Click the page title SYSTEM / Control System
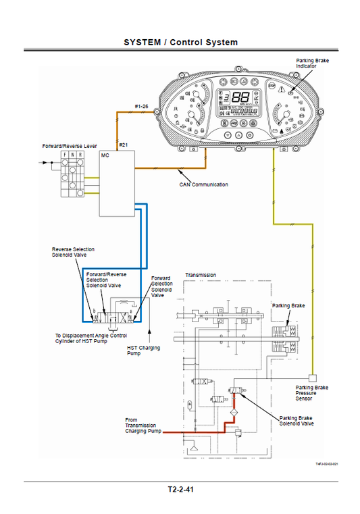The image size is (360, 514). pyautogui.click(x=180, y=42)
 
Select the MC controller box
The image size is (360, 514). pyautogui.click(x=117, y=183)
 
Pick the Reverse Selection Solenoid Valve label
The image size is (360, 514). pyautogui.click(x=74, y=253)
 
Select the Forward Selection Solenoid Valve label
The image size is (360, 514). pyautogui.click(x=161, y=286)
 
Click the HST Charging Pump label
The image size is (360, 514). pyautogui.click(x=144, y=351)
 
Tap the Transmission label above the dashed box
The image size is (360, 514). pyautogui.click(x=201, y=276)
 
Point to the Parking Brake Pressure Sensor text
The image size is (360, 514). pyautogui.click(x=311, y=393)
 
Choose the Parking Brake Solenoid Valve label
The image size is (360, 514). pyautogui.click(x=297, y=421)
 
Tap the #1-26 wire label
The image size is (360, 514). pyautogui.click(x=143, y=107)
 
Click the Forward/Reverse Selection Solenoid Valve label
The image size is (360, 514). pyautogui.click(x=106, y=280)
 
